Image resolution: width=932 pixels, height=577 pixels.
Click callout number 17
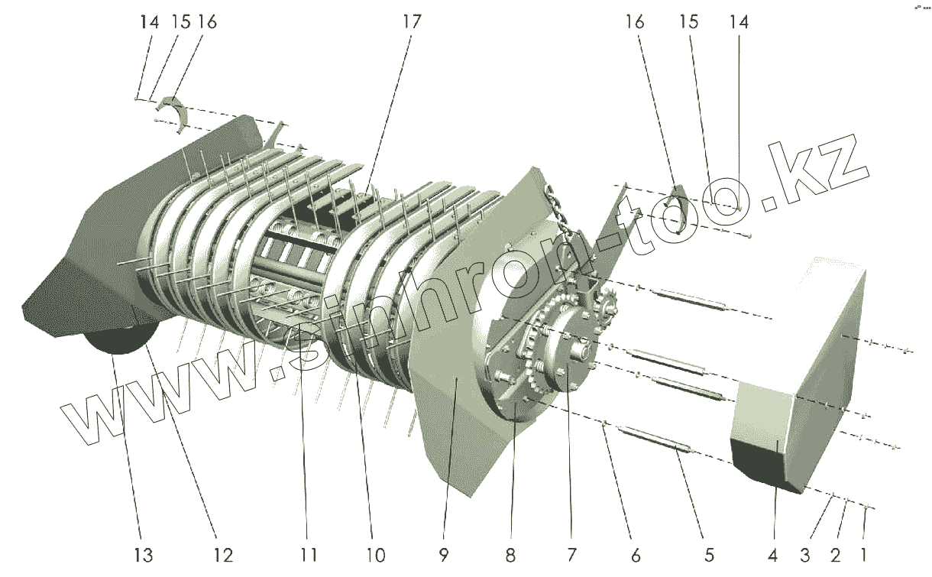pos(411,22)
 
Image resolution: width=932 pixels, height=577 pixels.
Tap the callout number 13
pos(144,554)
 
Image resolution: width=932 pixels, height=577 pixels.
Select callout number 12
pos(223,554)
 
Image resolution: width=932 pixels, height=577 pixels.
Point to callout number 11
pos(308,554)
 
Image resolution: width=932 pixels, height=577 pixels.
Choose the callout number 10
pos(375,554)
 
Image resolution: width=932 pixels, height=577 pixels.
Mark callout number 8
pos(510,554)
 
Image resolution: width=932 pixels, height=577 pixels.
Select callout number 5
pos(709,554)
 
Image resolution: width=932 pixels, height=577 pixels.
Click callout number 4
pos(773,554)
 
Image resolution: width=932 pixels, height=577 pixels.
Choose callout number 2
pos(835,554)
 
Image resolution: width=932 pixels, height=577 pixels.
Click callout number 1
pos(864,554)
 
